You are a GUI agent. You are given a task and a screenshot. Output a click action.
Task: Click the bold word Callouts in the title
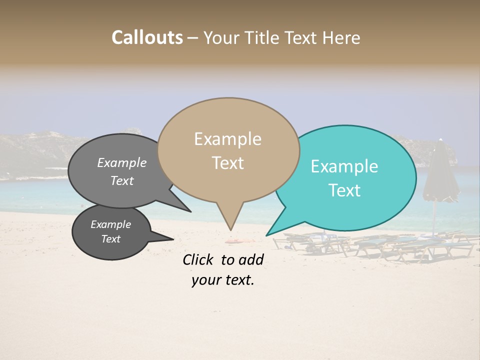click(147, 37)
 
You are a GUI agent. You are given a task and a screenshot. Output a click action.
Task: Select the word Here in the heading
click(340, 38)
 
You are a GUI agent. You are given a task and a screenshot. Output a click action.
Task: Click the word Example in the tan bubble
click(227, 139)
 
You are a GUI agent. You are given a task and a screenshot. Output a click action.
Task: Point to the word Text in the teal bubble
click(345, 190)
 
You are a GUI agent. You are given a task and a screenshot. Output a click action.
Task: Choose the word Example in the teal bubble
click(344, 166)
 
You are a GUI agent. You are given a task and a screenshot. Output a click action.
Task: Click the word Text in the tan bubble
click(228, 163)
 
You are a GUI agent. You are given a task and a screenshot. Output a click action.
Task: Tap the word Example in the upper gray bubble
click(122, 163)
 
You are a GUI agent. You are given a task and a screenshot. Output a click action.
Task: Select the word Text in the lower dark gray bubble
click(111, 239)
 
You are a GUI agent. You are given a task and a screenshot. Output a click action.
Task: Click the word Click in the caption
click(198, 259)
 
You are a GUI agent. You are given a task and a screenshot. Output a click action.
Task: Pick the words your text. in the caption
click(223, 280)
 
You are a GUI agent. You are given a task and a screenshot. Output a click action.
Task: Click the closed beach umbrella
click(440, 172)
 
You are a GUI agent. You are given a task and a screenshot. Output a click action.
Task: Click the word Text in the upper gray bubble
click(122, 181)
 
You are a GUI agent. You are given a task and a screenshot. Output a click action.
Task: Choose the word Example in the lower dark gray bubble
click(111, 224)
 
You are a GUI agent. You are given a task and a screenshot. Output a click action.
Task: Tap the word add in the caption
click(251, 259)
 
